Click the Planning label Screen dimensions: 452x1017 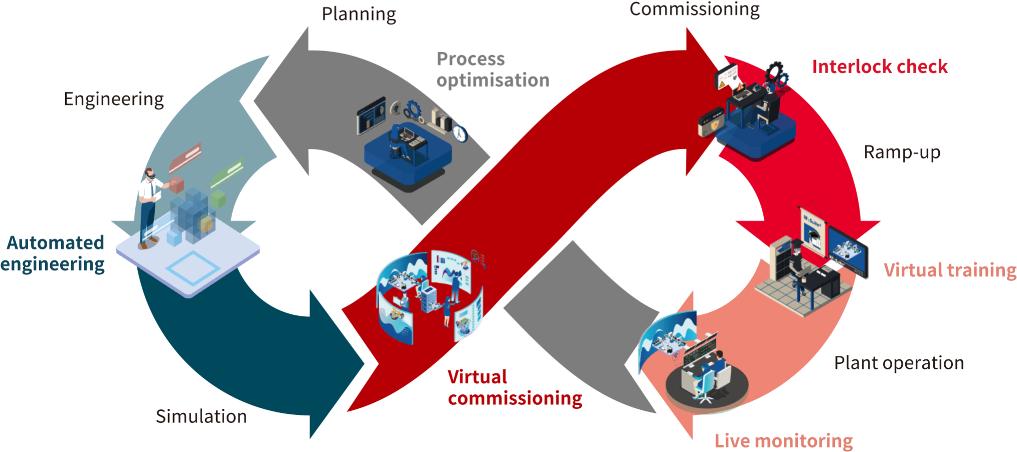[x=359, y=14]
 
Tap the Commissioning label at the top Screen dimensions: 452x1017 [x=695, y=9]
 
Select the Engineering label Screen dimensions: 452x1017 [x=114, y=99]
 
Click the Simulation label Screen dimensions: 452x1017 [x=201, y=416]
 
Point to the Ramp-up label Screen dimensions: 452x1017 [x=902, y=152]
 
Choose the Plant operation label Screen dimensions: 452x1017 [x=899, y=363]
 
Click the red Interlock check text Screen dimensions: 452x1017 [x=880, y=67]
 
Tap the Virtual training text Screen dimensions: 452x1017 [x=950, y=270]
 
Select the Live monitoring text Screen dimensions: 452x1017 [x=784, y=441]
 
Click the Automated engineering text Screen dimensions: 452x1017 [x=53, y=254]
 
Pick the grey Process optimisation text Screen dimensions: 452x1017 [x=492, y=70]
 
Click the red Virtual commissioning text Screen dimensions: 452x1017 [x=515, y=388]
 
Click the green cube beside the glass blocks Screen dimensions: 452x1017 [x=219, y=198]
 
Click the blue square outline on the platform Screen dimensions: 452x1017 [x=192, y=268]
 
